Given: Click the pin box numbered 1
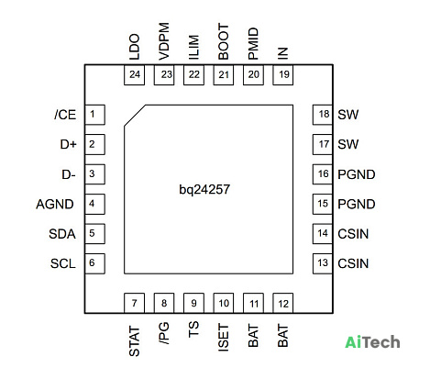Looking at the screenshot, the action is [94, 115].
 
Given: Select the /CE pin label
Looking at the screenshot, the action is [65, 115].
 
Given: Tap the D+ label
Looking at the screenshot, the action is [68, 144].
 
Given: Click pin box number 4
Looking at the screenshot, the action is [94, 204].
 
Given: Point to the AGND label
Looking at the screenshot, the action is [55, 204].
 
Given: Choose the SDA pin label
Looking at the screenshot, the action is [62, 234].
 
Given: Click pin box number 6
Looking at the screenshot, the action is [94, 263].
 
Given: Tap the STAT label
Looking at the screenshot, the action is [134, 341].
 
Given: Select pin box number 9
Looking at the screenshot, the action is [193, 303].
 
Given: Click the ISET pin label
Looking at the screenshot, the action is [224, 338].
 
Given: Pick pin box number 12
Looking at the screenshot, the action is [283, 303].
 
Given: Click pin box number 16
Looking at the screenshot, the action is [323, 174].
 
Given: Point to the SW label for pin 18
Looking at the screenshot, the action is [348, 115].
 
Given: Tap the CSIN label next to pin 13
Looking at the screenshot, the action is [353, 263].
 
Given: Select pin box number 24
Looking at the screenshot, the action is [134, 74].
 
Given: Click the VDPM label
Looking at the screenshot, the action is [164, 41].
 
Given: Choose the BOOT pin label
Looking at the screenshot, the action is [224, 42].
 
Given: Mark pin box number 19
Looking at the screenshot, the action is [283, 74].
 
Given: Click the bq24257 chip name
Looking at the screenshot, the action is [204, 190].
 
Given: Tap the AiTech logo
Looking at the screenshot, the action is [372, 342].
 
